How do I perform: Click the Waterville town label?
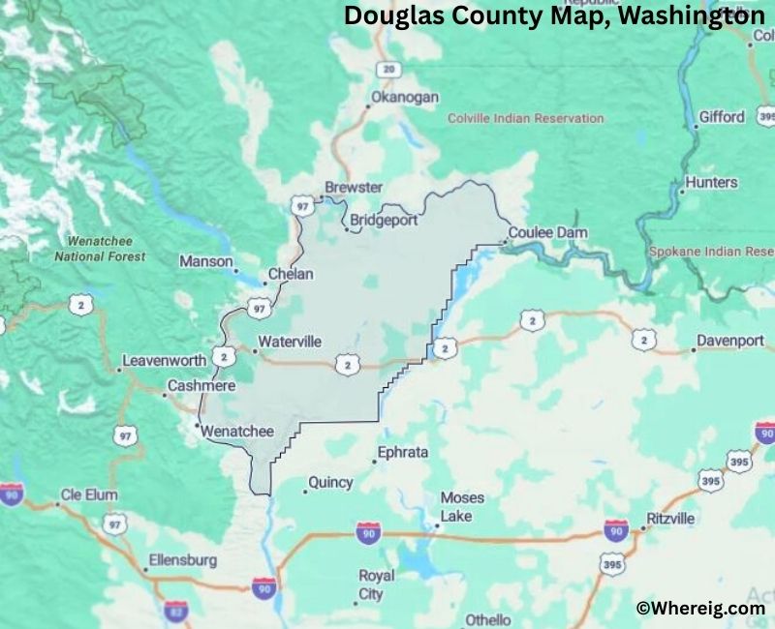click(x=290, y=342)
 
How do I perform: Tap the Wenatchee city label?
click(x=237, y=432)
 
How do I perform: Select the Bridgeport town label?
click(x=384, y=220)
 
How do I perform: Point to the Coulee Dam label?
click(x=548, y=233)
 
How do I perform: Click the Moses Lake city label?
click(x=462, y=506)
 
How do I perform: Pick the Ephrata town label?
click(x=401, y=452)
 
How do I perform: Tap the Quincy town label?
click(x=330, y=482)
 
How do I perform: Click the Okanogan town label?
click(x=405, y=98)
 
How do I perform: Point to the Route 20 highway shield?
click(x=388, y=69)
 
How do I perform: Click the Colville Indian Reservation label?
click(x=525, y=118)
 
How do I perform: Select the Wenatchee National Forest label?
click(x=100, y=249)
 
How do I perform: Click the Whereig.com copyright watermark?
click(x=699, y=608)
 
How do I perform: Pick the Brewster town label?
click(x=354, y=187)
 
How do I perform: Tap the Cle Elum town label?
click(x=89, y=494)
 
